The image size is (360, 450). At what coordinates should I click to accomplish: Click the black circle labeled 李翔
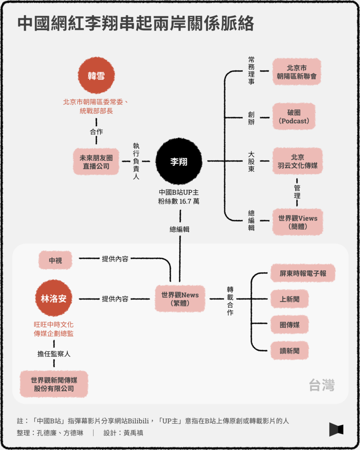coord(179,162)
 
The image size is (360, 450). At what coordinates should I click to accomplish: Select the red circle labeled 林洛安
coord(54,298)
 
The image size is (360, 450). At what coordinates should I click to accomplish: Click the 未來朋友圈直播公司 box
coord(96,162)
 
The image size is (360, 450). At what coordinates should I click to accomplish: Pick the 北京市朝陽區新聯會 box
coord(297,72)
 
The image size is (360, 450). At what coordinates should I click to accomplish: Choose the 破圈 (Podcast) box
coord(294,117)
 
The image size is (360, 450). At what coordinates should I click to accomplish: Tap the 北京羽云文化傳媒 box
coord(297,162)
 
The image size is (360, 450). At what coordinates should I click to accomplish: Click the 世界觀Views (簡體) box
coord(297,222)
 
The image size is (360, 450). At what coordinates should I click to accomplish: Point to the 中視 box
coord(55,260)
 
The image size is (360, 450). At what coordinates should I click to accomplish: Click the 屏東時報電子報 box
coord(303,273)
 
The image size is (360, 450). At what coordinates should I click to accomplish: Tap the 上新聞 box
coord(290,299)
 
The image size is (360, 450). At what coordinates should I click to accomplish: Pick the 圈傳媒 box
coord(290,324)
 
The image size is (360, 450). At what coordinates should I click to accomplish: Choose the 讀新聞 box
coord(290,350)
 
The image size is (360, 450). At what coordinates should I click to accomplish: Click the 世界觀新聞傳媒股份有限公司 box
coord(54,384)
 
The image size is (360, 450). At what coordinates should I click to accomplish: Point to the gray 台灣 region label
coord(322,385)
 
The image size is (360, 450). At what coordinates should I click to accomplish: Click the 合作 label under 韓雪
coord(96,132)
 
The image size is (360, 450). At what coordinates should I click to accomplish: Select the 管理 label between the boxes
coord(297,192)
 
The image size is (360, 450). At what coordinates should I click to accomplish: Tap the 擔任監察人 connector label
coord(54,354)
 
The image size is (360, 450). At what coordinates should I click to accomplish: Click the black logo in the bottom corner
coord(336,429)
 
